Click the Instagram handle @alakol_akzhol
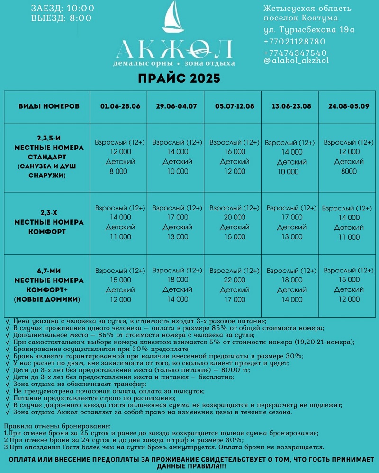click(296, 61)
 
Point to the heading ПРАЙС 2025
click(179, 78)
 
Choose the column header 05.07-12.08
click(234, 106)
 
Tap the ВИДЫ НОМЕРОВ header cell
click(49, 106)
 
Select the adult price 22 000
click(235, 280)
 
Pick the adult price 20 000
click(235, 218)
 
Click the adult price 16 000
click(235, 152)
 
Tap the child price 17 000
click(235, 299)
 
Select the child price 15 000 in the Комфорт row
click(235, 237)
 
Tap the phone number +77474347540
click(295, 53)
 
